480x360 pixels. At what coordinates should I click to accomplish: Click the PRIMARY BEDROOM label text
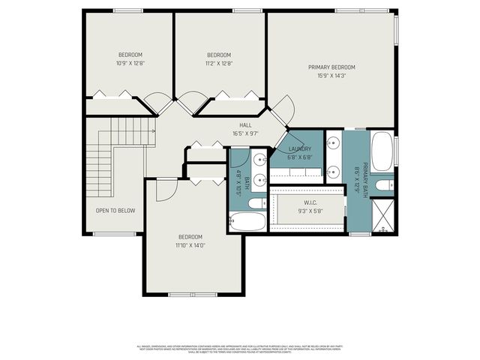(x=331, y=67)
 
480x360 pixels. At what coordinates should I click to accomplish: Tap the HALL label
(x=245, y=125)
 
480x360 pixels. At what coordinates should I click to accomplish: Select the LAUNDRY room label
(x=299, y=148)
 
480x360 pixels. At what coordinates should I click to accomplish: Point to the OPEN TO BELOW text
(x=115, y=210)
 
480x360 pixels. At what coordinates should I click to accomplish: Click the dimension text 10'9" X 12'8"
(x=130, y=63)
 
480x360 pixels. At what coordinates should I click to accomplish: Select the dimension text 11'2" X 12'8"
(x=218, y=63)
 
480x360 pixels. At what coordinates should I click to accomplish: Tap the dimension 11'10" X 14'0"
(x=190, y=245)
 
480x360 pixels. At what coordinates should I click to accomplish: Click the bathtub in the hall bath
(x=247, y=222)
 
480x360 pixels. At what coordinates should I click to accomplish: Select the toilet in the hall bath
(x=255, y=202)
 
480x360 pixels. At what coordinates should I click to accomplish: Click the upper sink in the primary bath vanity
(x=333, y=143)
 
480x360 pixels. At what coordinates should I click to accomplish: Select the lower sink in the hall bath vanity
(x=259, y=179)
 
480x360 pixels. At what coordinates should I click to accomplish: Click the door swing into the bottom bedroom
(x=165, y=190)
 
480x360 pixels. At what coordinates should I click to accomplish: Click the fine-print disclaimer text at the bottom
(x=239, y=349)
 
